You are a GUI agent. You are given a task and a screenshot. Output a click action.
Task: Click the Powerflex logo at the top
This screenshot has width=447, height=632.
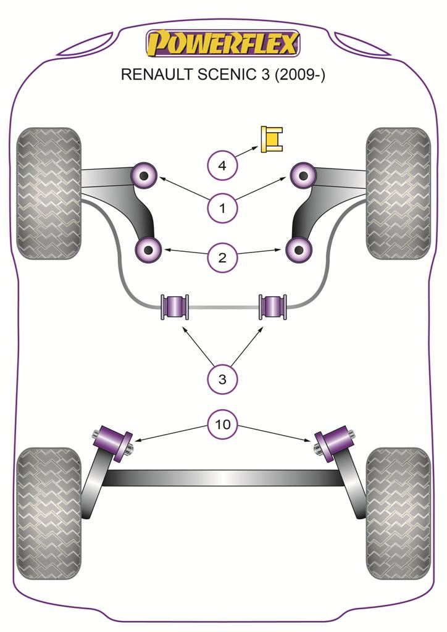pyautogui.click(x=223, y=44)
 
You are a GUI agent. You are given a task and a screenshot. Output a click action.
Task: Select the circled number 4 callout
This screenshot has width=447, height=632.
pyautogui.click(x=222, y=165)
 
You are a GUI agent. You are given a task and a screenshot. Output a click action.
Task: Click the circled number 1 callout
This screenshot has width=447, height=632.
pyautogui.click(x=222, y=209)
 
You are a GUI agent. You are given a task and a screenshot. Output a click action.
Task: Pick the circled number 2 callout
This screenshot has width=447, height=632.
pyautogui.click(x=222, y=257)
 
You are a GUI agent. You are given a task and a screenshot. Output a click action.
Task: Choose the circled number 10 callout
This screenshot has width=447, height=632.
pyautogui.click(x=222, y=424)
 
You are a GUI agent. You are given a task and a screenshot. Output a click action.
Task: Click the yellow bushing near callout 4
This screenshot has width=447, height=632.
pyautogui.click(x=272, y=139)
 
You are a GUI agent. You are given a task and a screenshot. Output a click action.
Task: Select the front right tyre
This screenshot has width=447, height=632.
pyautogui.click(x=398, y=193)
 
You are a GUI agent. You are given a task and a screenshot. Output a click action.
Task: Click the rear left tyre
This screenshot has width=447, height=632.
pyautogui.click(x=48, y=513)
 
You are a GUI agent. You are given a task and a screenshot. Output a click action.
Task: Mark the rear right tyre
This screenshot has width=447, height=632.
pyautogui.click(x=398, y=513)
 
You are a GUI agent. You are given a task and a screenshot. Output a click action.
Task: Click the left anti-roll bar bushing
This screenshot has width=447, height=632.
pyautogui.click(x=175, y=306)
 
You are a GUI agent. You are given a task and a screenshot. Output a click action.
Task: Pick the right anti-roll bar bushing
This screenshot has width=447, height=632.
pyautogui.click(x=272, y=306)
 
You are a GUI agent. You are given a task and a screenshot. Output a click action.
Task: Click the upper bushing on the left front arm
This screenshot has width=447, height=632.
pyautogui.click(x=146, y=176)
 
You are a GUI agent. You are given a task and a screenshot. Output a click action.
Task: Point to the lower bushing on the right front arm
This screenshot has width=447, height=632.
pyautogui.click(x=299, y=249)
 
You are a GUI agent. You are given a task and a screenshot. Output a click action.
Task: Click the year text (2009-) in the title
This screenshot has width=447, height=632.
pyautogui.click(x=299, y=75)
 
